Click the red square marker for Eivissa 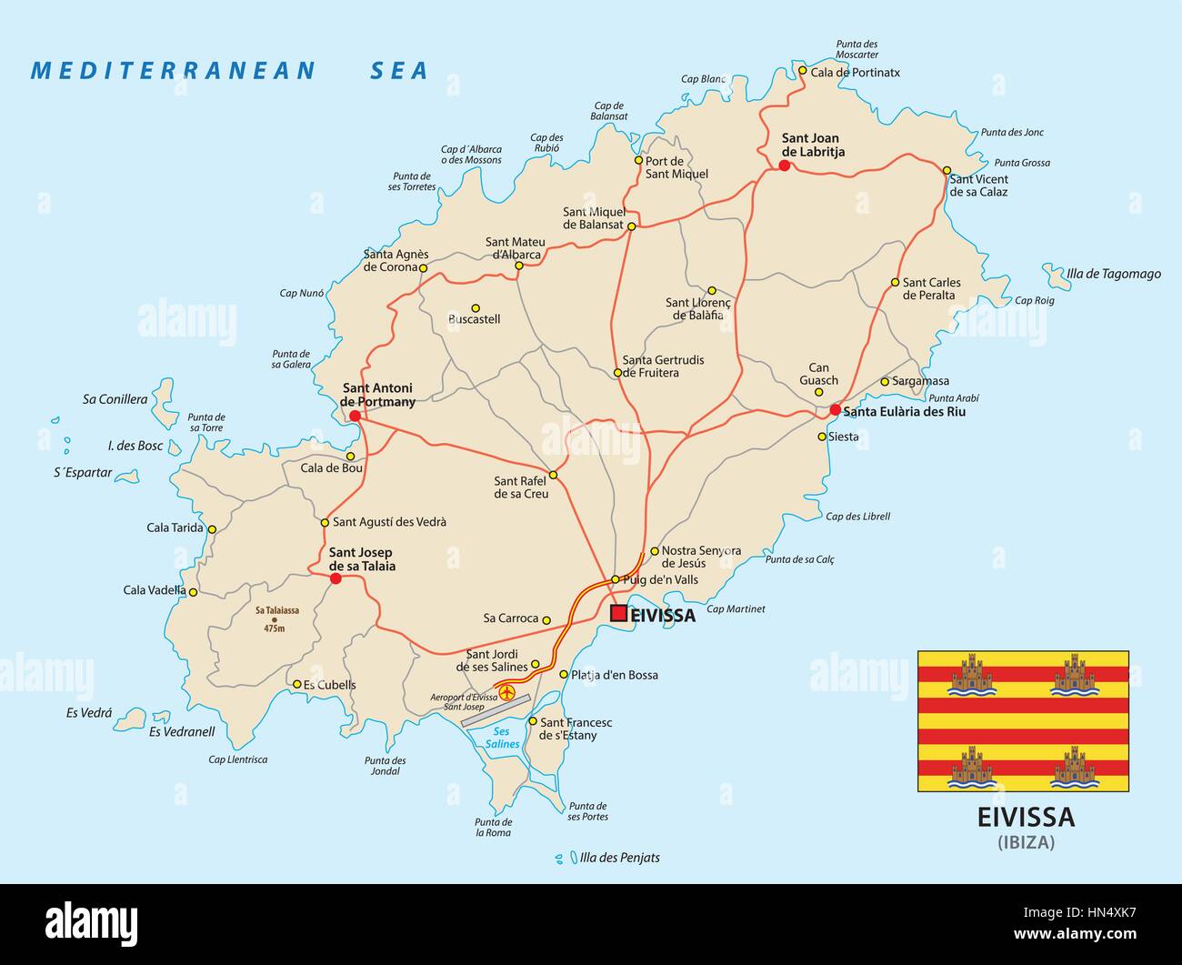click(x=618, y=613)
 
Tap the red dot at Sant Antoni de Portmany click(x=354, y=416)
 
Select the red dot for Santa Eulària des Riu click(x=835, y=410)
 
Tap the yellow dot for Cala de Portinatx click(x=802, y=70)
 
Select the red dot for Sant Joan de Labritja click(x=784, y=165)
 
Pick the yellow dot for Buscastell click(x=475, y=307)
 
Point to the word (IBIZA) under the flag click(x=1026, y=842)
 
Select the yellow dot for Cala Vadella click(x=193, y=591)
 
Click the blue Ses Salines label click(x=501, y=738)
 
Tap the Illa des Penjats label click(x=619, y=858)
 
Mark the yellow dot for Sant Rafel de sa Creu click(x=553, y=475)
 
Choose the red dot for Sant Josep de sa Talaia click(x=336, y=578)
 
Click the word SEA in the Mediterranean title click(x=398, y=71)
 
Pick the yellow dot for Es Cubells click(x=296, y=684)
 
